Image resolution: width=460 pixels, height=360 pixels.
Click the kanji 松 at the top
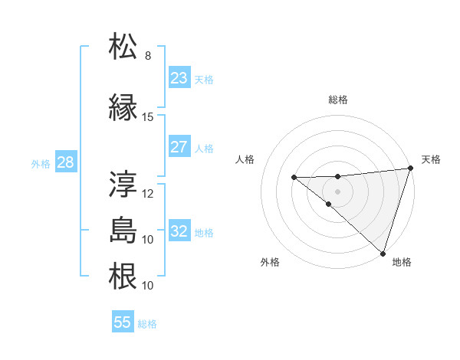(x=123, y=47)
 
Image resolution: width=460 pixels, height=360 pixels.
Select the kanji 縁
(x=123, y=107)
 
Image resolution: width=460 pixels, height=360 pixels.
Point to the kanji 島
(x=123, y=231)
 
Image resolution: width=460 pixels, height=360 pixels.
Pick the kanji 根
(x=123, y=277)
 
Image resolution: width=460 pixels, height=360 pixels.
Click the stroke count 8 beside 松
(x=148, y=56)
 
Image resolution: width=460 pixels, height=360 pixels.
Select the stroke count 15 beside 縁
(x=148, y=117)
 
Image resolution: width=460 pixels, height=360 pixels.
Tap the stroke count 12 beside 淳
(x=148, y=194)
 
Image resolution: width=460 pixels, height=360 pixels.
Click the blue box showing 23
(x=179, y=78)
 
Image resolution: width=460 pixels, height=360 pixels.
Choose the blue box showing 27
(x=179, y=147)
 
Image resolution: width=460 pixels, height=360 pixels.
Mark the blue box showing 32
(x=179, y=231)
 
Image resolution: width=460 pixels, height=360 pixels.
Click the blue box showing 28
(x=65, y=162)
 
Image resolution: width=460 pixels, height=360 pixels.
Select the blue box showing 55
(x=123, y=322)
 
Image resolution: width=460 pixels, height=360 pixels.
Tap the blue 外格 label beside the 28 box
(x=41, y=164)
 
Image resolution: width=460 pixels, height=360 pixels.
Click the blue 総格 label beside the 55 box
(x=147, y=324)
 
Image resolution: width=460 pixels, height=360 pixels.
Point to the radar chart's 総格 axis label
(x=337, y=100)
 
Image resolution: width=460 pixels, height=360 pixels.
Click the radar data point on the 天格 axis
(x=410, y=169)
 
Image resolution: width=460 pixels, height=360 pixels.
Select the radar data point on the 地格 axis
(x=383, y=253)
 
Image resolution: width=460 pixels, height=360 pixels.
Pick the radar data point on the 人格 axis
(x=294, y=178)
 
